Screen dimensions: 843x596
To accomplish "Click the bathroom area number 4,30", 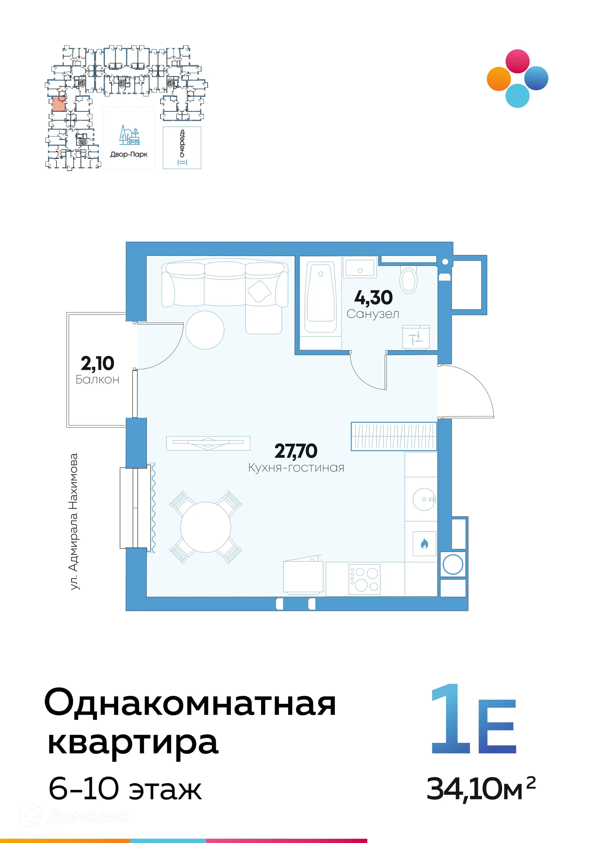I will (373, 298).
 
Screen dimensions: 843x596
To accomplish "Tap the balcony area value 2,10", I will (97, 364).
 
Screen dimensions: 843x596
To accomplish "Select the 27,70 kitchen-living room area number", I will (296, 451).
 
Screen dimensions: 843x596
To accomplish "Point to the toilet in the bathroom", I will (409, 280).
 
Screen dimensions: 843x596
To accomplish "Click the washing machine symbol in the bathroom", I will (416, 337).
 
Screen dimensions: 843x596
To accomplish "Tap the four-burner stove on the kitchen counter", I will (364, 579).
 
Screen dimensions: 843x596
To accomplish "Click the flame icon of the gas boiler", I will (424, 544).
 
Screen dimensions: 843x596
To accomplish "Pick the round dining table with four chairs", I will (205, 527).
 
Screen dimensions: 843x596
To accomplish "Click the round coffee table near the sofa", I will (205, 330).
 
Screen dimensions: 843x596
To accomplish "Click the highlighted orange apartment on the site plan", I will (59, 104).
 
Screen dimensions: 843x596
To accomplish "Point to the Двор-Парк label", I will (129, 155).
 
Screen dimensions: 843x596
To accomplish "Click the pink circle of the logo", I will (517, 61).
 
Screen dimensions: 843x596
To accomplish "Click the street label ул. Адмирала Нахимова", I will (74, 522).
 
